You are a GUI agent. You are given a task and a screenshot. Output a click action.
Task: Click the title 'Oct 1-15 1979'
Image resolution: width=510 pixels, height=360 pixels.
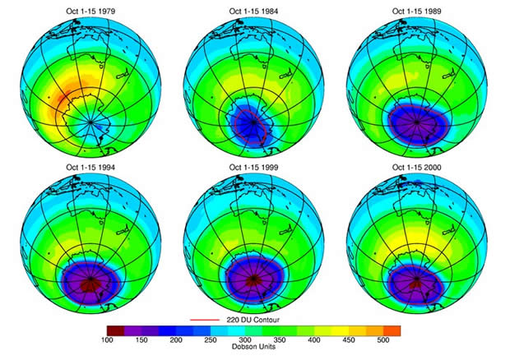pos(87,12)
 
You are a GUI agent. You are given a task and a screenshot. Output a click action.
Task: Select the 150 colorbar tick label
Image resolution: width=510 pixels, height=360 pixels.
pos(141,339)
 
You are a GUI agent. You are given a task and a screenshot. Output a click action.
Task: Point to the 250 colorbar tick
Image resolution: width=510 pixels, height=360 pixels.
pos(211,339)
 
